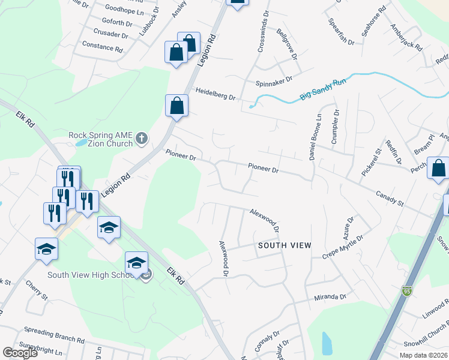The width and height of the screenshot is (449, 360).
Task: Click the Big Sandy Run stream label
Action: click(323, 90)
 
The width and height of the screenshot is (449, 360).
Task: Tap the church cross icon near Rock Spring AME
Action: click(142, 139)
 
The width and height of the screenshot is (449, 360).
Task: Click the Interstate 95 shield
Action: click(406, 290)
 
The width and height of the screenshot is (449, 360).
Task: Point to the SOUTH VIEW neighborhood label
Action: click(285, 245)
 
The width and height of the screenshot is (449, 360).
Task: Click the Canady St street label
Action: click(390, 199)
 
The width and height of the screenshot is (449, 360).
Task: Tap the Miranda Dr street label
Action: click(331, 296)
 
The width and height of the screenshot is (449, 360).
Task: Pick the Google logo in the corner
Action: click(20, 353)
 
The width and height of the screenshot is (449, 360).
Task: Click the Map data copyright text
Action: click(423, 355)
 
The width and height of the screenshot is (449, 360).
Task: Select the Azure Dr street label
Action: click(351, 226)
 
